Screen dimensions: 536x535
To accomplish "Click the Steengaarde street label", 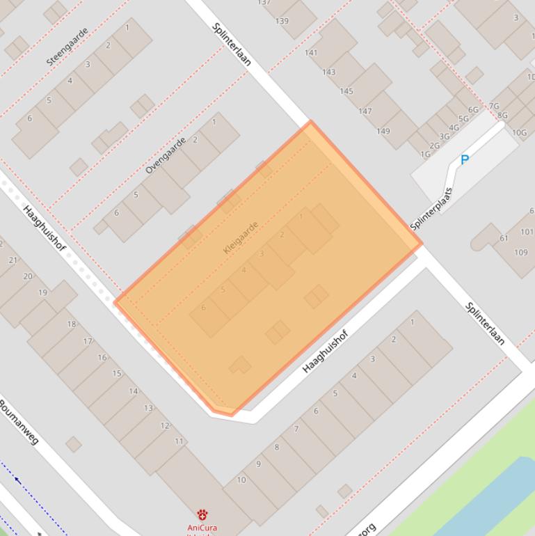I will (67, 47).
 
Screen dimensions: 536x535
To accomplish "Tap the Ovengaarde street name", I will (166, 155).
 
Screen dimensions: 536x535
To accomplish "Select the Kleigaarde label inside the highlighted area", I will (241, 237).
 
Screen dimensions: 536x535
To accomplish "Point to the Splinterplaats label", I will (431, 209).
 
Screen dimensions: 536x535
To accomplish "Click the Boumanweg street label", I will (19, 422).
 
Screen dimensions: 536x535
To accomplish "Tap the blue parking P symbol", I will (465, 159).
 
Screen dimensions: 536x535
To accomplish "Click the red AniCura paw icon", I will (202, 515).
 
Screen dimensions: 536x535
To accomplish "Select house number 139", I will (282, 21).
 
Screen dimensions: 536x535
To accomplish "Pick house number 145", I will (346, 91).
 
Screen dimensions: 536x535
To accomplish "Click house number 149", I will (383, 131).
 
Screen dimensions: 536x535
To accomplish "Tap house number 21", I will (13, 260).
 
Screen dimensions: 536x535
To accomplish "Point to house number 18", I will (71, 324).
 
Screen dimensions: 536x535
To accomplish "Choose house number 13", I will (148, 408).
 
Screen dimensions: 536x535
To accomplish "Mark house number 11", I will (179, 441).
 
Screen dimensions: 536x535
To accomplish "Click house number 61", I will (504, 239).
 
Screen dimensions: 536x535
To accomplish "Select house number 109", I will (520, 252).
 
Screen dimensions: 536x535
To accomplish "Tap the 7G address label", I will (493, 106).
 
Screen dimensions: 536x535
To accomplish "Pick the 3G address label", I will (445, 136).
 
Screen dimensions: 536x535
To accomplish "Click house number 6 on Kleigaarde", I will (203, 308).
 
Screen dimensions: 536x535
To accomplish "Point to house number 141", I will (310, 52).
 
